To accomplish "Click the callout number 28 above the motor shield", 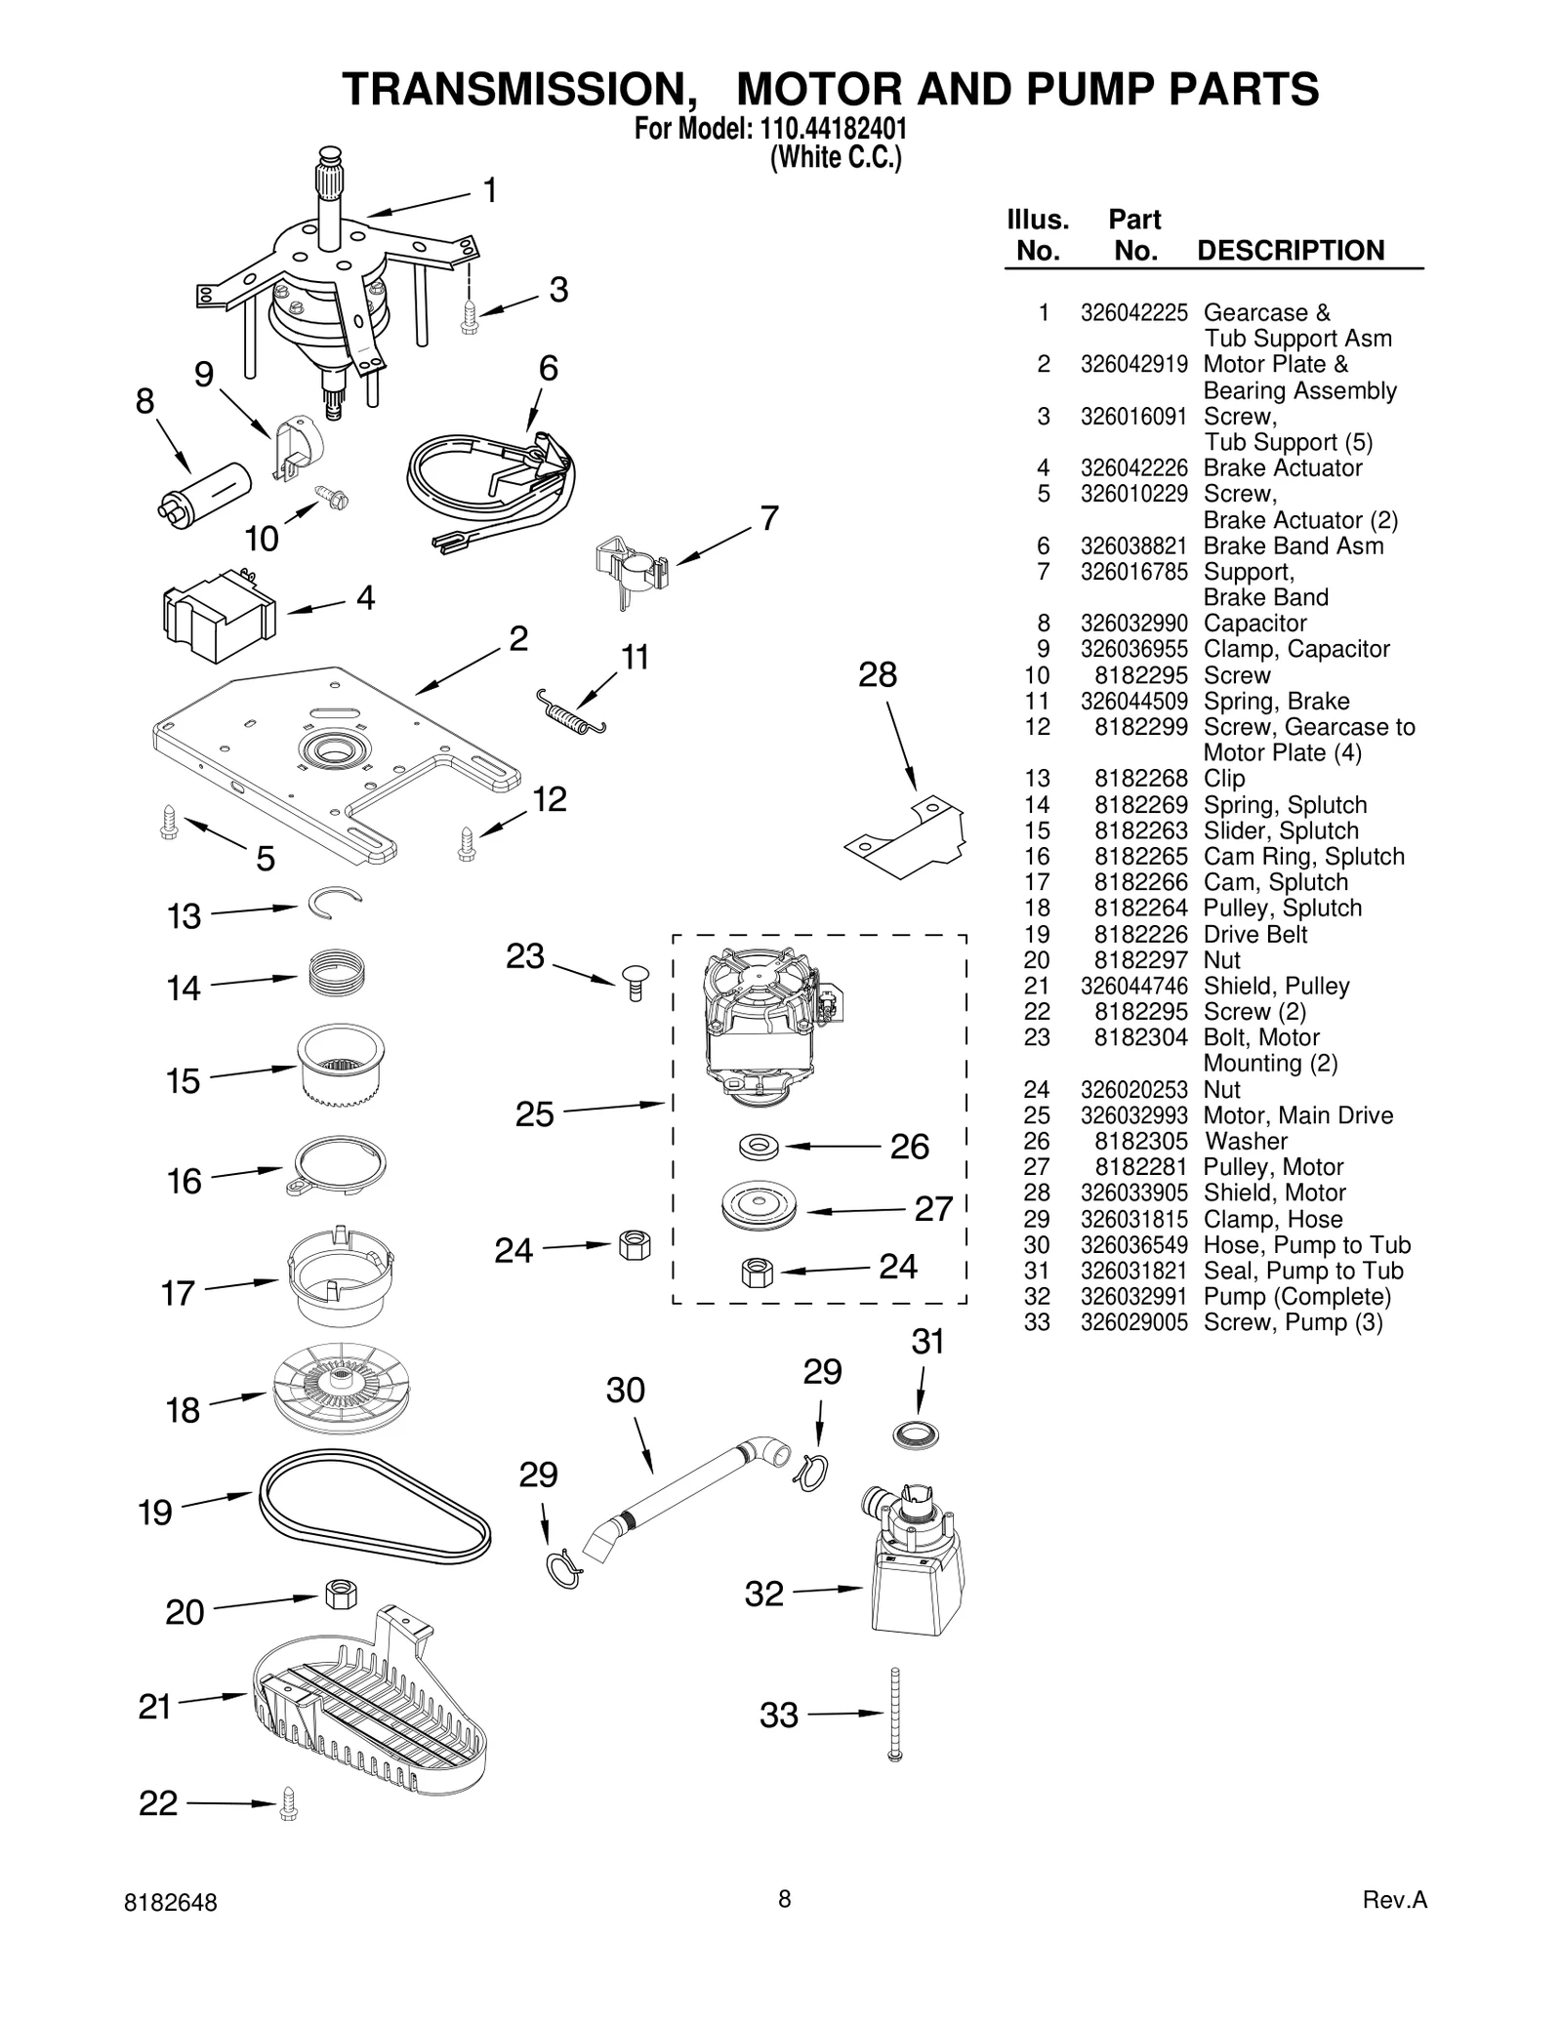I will (877, 675).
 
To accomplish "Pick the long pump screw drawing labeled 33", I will (894, 1715).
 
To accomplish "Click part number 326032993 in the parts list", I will (1133, 1115).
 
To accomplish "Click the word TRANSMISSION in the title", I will (514, 90).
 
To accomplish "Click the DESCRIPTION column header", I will (1290, 251).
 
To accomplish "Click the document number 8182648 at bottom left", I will (171, 1903).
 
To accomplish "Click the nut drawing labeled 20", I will (339, 1595).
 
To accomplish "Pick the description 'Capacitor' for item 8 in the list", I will (1254, 624).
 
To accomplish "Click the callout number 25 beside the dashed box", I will (534, 1114).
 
